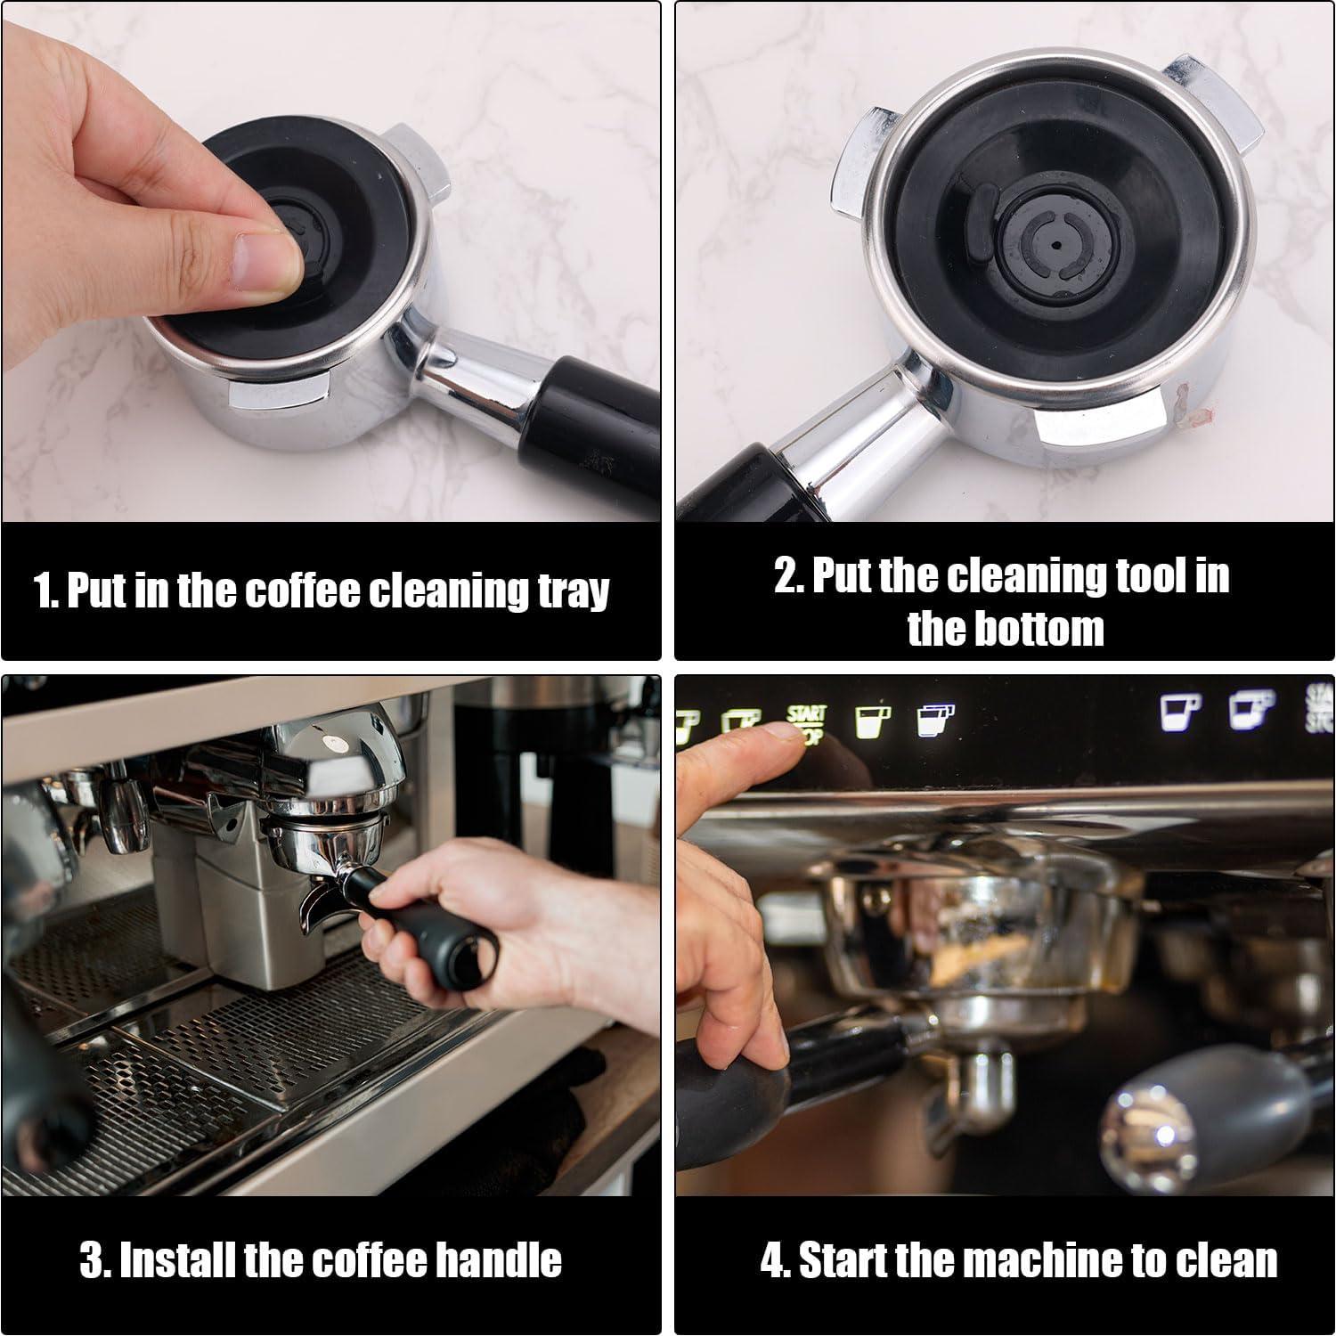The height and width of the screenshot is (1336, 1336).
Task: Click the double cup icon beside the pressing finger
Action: (935, 719)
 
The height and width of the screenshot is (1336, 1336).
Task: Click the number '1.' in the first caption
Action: (45, 591)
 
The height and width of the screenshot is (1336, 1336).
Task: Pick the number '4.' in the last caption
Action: (775, 1260)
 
